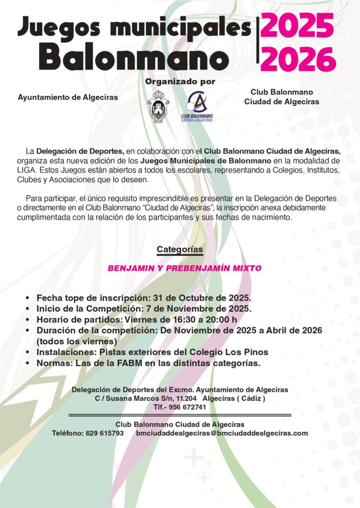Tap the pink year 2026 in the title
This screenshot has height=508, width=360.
(x=298, y=60)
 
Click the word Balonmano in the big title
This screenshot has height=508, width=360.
(x=135, y=58)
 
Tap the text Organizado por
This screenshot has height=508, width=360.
(x=180, y=81)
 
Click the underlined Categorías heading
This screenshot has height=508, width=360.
(x=180, y=249)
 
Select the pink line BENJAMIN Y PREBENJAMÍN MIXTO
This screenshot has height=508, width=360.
(x=185, y=268)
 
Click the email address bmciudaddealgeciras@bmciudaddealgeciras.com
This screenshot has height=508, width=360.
(x=221, y=433)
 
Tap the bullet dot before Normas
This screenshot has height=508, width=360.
(x=27, y=363)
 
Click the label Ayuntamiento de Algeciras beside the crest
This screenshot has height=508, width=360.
(x=68, y=97)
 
